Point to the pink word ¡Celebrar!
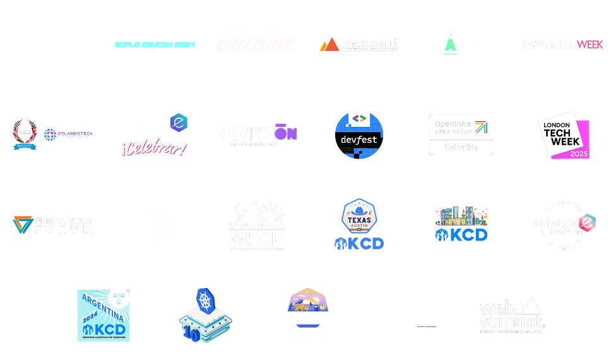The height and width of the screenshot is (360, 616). pos(153,149)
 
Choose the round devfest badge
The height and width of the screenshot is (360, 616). pos(358,135)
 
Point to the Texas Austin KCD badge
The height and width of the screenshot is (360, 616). pos(358,225)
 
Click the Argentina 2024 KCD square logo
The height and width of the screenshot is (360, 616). pos(104,316)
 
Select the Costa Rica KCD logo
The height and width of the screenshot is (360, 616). pos(308,316)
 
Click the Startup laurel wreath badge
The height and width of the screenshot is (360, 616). pos(25,135)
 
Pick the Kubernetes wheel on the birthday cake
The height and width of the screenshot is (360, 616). pos(204,299)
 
